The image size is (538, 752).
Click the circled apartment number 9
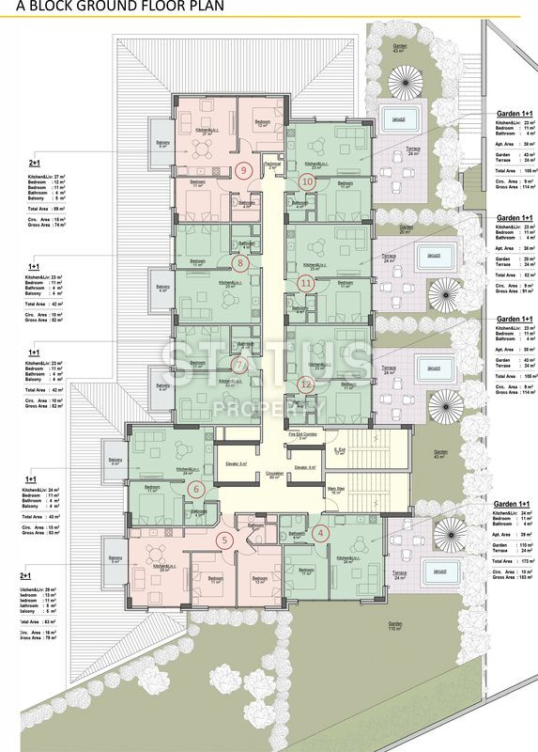coord(244,170)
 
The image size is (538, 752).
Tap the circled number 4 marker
coord(322,532)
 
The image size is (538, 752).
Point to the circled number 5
coord(224,540)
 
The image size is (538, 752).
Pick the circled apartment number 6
coord(196,488)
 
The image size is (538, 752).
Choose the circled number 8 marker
coord(241,264)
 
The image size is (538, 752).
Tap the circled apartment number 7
coord(240,366)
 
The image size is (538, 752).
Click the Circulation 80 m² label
coord(274,476)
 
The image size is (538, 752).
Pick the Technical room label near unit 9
coord(273,164)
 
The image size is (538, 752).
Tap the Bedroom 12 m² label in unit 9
coord(263,123)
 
